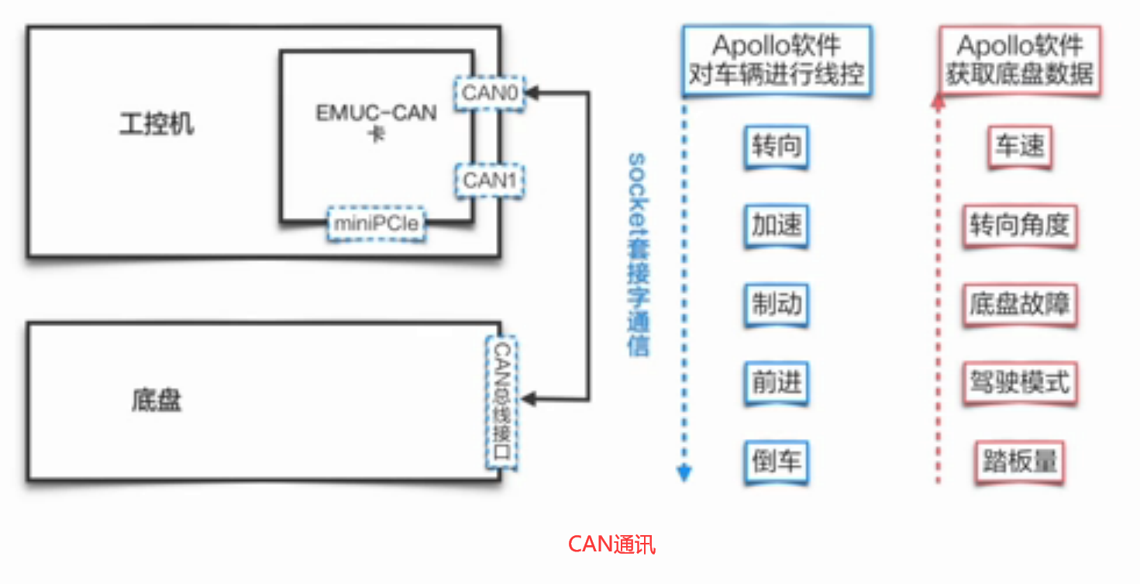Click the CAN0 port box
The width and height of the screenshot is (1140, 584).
tap(489, 93)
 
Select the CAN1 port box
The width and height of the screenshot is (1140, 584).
tap(489, 180)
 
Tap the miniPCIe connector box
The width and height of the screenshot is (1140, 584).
tap(376, 224)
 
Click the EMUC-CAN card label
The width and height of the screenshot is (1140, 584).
tap(376, 121)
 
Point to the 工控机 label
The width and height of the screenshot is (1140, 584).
tap(157, 124)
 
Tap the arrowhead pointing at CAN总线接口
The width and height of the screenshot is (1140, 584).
tap(529, 400)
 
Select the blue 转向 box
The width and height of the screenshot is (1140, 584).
tap(776, 147)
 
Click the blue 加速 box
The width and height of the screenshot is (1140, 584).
tap(776, 226)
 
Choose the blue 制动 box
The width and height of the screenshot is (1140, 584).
tap(776, 303)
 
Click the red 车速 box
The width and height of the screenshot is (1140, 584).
tap(1019, 147)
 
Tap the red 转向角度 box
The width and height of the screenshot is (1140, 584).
tap(1019, 226)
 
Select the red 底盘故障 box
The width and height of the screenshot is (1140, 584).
tap(1019, 303)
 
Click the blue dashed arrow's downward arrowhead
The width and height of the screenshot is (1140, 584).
tap(684, 473)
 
